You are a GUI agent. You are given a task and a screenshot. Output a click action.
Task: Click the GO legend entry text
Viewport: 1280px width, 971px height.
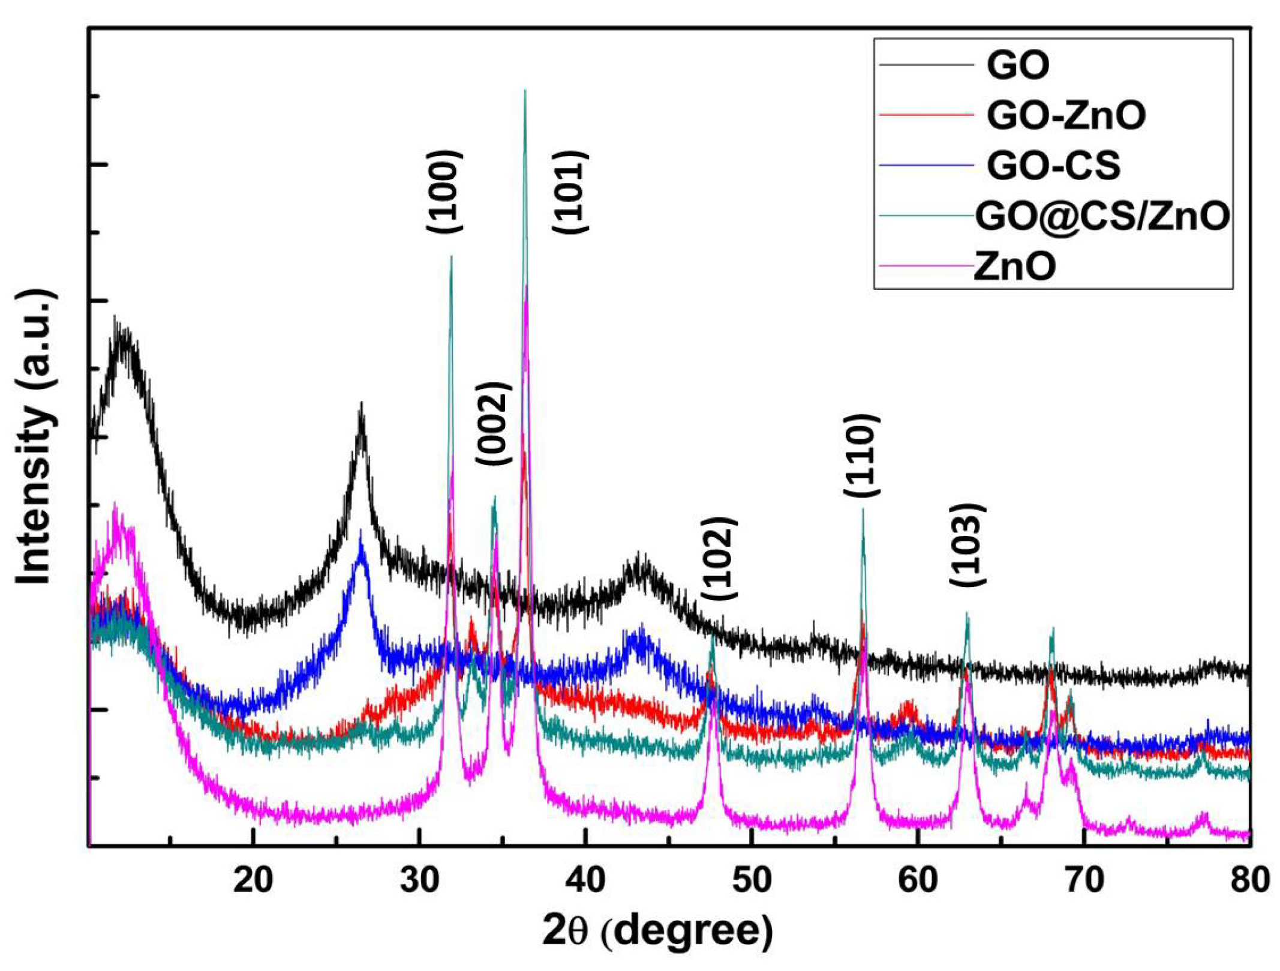click(1018, 65)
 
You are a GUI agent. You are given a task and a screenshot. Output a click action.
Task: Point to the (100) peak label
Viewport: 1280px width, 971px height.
click(444, 191)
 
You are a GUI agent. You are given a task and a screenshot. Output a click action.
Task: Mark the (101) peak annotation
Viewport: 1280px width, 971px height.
click(570, 193)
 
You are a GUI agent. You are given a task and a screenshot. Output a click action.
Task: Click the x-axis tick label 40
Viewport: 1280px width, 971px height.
click(585, 880)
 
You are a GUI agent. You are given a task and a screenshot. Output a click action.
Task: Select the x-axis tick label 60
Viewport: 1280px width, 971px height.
click(918, 880)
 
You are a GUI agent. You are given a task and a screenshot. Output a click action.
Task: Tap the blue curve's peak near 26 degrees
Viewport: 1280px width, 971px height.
click(360, 533)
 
